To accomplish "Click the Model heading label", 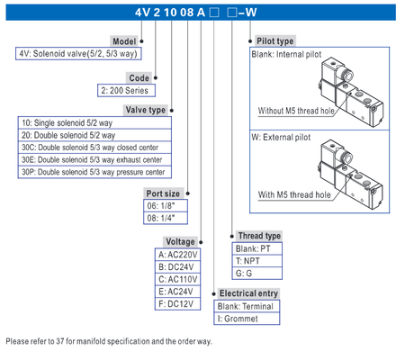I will (x=123, y=41).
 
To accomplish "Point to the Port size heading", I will (x=164, y=192).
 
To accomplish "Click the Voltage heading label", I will (x=179, y=242).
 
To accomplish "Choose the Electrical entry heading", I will (x=248, y=293).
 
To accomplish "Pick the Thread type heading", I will (x=259, y=236).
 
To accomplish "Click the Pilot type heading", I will (x=274, y=41).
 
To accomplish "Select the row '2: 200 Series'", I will (x=126, y=91).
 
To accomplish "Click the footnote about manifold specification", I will (x=108, y=341).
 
